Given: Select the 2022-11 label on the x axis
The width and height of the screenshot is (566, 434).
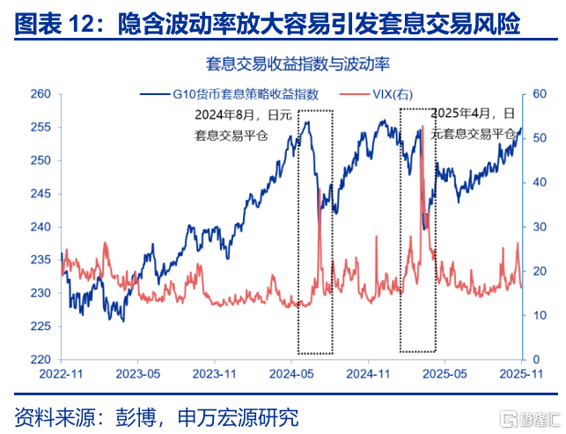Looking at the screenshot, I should point(62,373).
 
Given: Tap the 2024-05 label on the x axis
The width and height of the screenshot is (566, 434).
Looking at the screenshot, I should point(293,373).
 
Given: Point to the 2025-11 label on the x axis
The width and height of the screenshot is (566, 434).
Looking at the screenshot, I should point(524,373).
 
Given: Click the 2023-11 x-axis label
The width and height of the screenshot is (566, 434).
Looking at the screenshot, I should point(216,373).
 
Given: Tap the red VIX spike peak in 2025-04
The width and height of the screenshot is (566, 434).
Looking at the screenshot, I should point(423,127).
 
